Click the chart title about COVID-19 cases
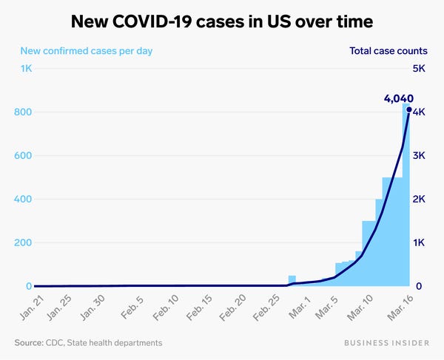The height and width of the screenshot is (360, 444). point(222,22)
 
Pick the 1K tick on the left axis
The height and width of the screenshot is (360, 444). point(25,69)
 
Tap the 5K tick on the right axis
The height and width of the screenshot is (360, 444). point(418,69)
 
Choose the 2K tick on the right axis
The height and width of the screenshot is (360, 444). point(418,200)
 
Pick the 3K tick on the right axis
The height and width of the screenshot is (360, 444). point(418,156)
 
